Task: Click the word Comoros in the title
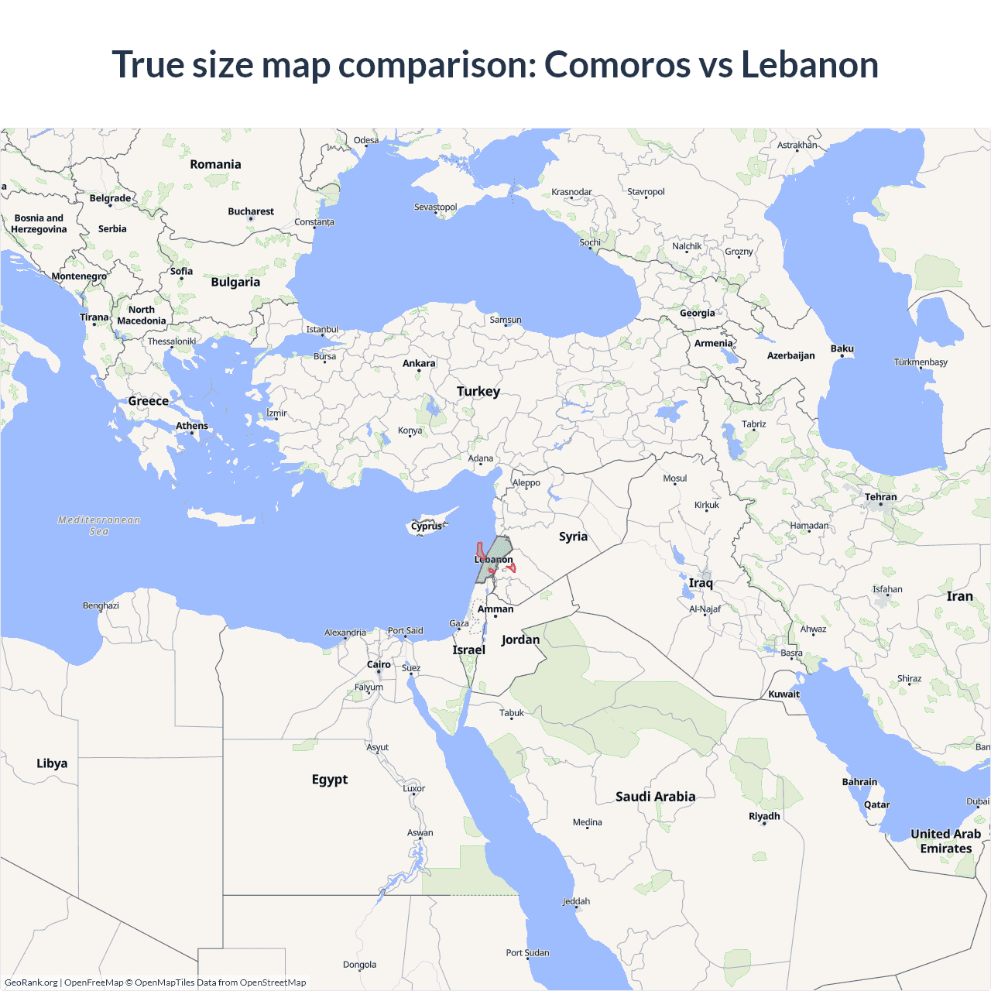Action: pyautogui.click(x=617, y=64)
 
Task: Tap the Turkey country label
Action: pyautogui.click(x=478, y=391)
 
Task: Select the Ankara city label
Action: pyautogui.click(x=419, y=363)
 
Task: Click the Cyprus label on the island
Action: pyautogui.click(x=427, y=526)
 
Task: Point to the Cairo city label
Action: pyautogui.click(x=379, y=664)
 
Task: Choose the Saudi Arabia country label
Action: pyautogui.click(x=655, y=796)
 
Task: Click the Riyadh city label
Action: pyautogui.click(x=764, y=816)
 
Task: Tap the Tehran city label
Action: pyautogui.click(x=881, y=497)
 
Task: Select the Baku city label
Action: pyautogui.click(x=842, y=348)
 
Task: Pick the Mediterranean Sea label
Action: pyautogui.click(x=99, y=525)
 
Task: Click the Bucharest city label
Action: pyautogui.click(x=251, y=211)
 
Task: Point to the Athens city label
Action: pyautogui.click(x=192, y=426)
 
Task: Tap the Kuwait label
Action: pyautogui.click(x=784, y=694)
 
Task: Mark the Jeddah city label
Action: pyautogui.click(x=576, y=901)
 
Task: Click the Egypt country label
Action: pyautogui.click(x=330, y=779)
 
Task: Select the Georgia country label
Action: pyautogui.click(x=698, y=313)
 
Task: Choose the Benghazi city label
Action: pyautogui.click(x=101, y=605)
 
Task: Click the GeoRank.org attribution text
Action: pyautogui.click(x=31, y=982)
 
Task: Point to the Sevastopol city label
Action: pyautogui.click(x=436, y=207)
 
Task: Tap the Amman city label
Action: pyautogui.click(x=495, y=609)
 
